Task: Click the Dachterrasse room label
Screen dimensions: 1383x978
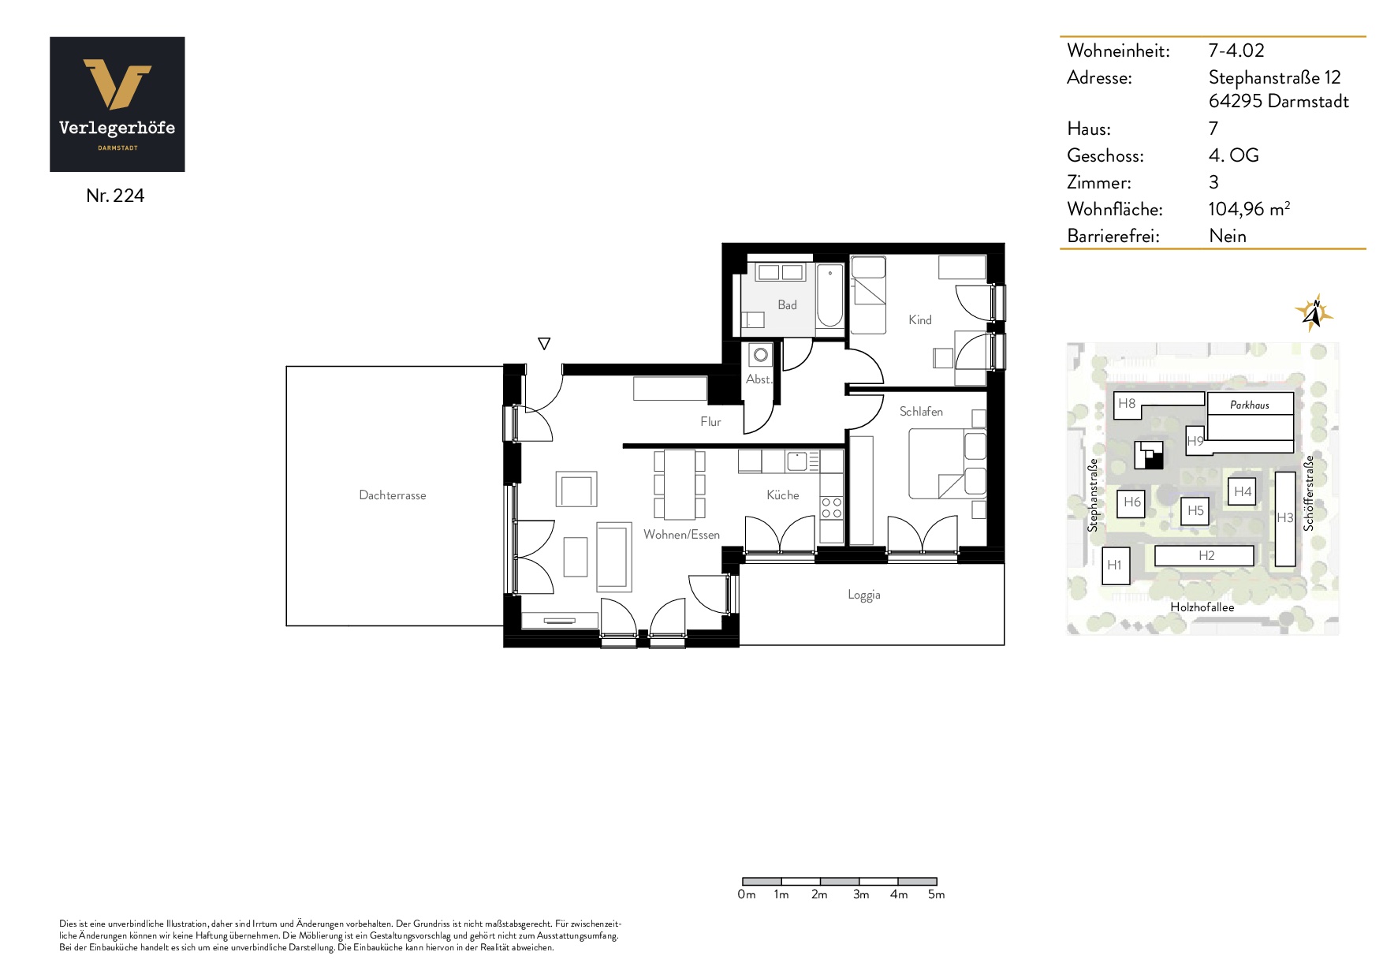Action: [392, 495]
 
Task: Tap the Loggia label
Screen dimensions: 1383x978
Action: [864, 595]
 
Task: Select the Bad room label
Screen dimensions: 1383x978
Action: [787, 305]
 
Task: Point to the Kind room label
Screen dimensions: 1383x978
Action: [919, 319]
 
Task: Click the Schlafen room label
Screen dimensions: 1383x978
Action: [921, 411]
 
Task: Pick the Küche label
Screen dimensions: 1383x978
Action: [783, 495]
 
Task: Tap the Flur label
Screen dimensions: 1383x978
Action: [710, 421]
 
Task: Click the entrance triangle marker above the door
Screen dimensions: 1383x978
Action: [544, 343]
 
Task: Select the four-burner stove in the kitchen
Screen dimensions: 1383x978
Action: [831, 507]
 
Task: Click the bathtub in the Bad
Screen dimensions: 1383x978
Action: [829, 297]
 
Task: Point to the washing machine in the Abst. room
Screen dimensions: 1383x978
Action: [760, 355]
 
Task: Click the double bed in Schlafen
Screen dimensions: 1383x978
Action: [947, 463]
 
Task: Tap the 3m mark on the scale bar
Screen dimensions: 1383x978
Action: [861, 894]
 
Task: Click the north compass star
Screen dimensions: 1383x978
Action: [1314, 313]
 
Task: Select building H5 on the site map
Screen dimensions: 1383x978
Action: [1195, 510]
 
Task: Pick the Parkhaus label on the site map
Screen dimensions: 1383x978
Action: [1250, 405]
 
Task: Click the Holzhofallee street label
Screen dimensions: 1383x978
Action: [1202, 607]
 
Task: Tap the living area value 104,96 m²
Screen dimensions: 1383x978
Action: [1249, 209]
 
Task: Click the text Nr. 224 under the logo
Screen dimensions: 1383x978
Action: [115, 196]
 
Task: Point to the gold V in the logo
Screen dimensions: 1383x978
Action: [117, 84]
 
